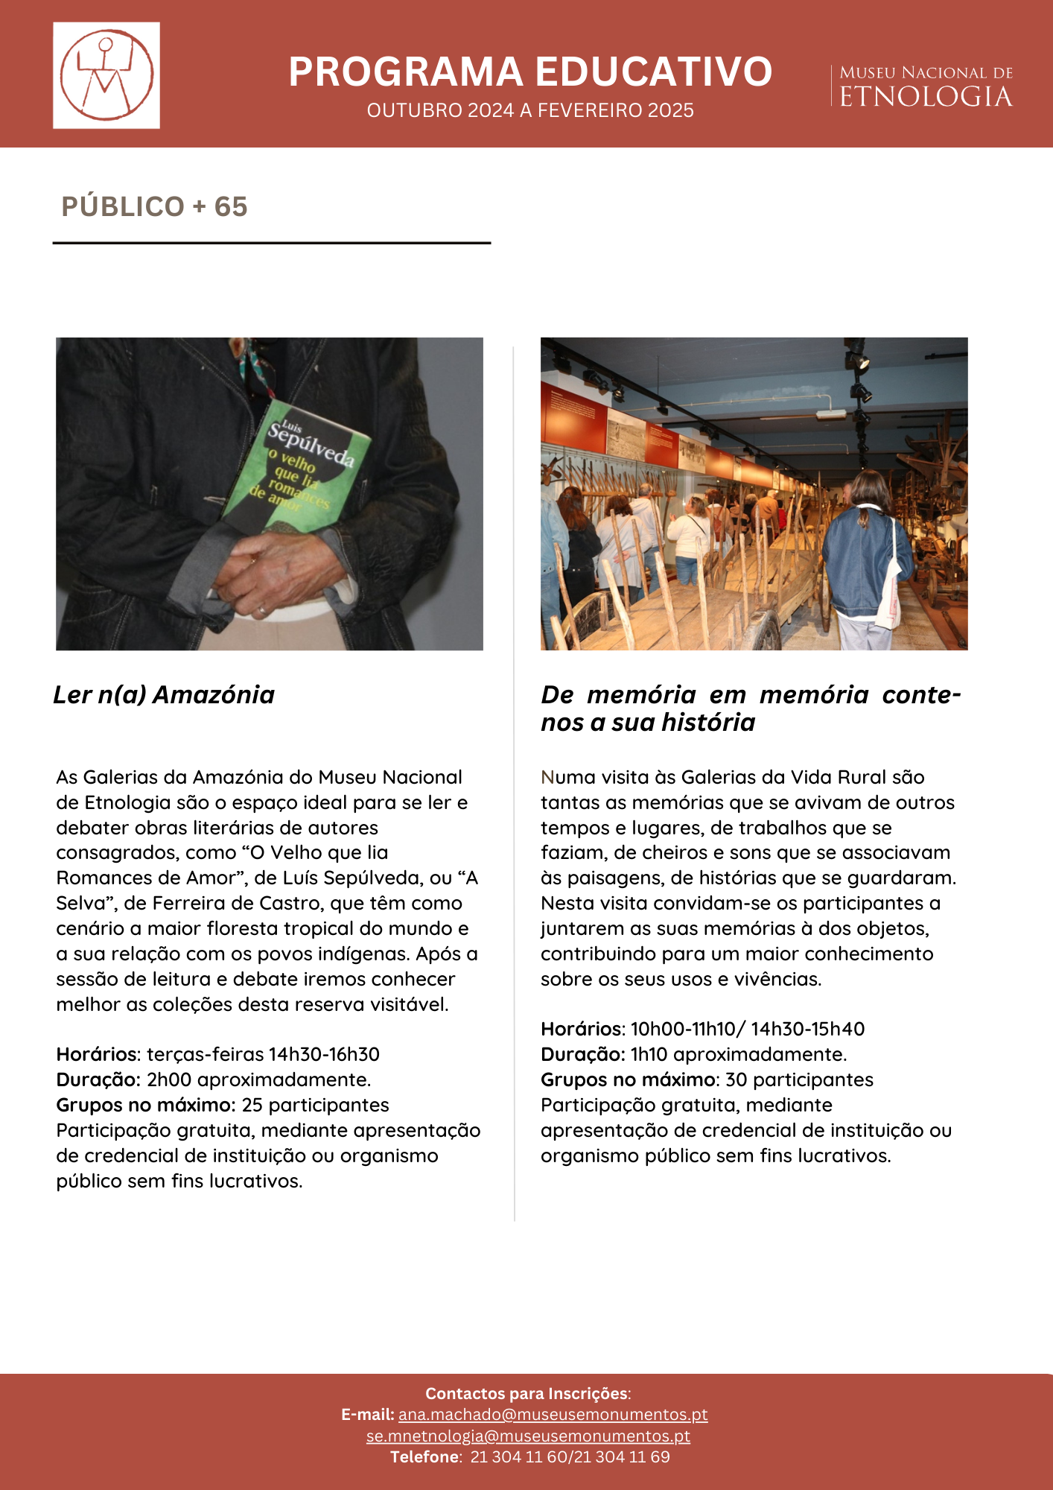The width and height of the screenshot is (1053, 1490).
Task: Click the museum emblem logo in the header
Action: (106, 75)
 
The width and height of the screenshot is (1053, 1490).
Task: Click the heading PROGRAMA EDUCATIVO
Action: (529, 72)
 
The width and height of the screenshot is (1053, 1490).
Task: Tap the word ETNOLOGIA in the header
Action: (926, 97)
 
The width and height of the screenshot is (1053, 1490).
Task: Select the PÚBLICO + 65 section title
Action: (154, 206)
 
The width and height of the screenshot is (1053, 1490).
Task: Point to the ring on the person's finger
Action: (261, 611)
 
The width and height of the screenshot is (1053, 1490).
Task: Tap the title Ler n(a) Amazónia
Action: (164, 694)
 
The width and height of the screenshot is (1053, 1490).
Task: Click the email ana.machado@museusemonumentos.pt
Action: (553, 1414)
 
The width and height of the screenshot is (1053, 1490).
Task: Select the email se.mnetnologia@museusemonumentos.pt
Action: (528, 1436)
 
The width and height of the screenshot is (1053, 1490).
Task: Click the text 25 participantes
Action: (315, 1105)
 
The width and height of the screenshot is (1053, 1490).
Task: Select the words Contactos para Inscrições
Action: (527, 1393)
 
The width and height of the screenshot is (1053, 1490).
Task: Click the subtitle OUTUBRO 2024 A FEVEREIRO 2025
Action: (529, 110)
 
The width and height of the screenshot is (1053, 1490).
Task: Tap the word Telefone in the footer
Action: (424, 1456)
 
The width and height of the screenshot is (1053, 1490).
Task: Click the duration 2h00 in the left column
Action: (169, 1080)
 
